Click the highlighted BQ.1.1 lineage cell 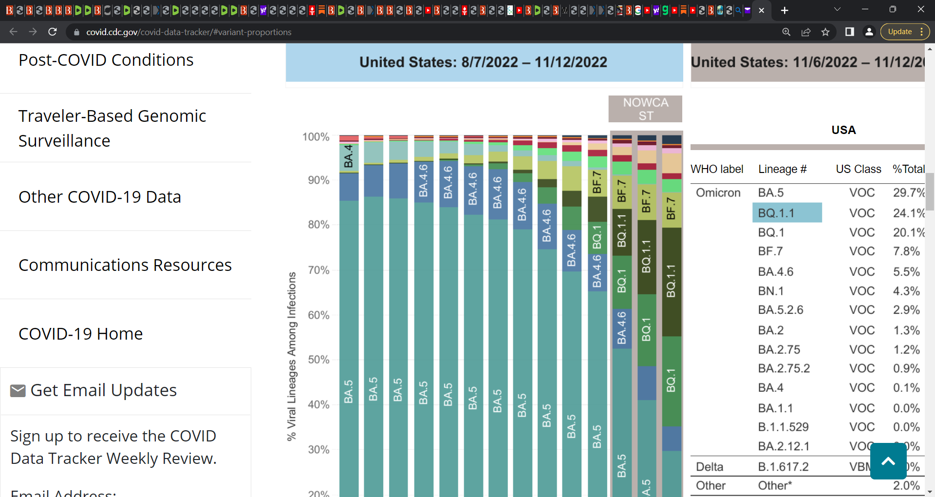tap(787, 213)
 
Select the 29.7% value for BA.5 tap(908, 192)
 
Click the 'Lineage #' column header tap(782, 169)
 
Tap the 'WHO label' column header tap(717, 169)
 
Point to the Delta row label tap(710, 467)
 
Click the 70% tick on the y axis tap(318, 270)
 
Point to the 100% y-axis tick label tap(316, 137)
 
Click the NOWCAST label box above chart tap(645, 109)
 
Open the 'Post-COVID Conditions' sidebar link tap(106, 60)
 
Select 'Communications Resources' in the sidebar tap(125, 265)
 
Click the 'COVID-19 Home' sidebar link tap(81, 334)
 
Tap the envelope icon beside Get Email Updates tap(18, 391)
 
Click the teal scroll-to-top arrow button tap(888, 461)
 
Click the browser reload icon tap(53, 32)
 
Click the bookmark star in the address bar tap(825, 32)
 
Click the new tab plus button tap(785, 10)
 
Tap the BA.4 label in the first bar tap(349, 156)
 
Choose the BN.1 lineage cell tap(771, 291)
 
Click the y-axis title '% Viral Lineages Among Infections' tap(291, 356)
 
